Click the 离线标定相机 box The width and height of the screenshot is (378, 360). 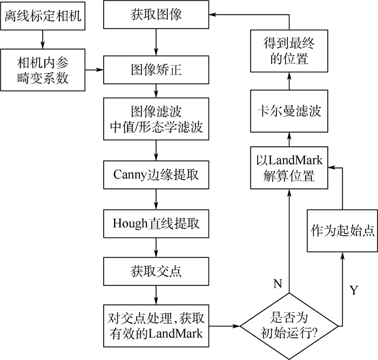(43, 16)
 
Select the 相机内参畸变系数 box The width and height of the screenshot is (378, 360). (43, 70)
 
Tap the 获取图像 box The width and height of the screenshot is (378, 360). (156, 15)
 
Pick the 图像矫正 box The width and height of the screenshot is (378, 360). (156, 70)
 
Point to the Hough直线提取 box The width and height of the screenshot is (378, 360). (156, 222)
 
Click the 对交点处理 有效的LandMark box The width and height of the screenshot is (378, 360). (156, 326)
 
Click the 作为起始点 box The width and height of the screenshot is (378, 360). (342, 230)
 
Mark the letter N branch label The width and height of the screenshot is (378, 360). (277, 284)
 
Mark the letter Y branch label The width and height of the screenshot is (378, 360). (353, 290)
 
